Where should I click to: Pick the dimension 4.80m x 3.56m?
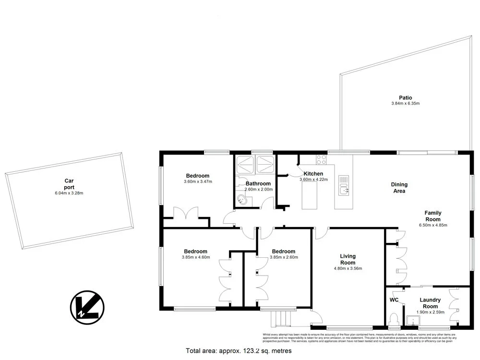[348, 269]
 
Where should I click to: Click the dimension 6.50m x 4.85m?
[432, 225]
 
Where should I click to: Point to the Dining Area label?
[399, 188]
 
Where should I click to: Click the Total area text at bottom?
[239, 351]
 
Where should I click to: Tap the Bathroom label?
[258, 183]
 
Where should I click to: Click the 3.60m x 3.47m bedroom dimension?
[198, 182]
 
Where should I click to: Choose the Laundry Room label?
[430, 303]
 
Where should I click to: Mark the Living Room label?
[348, 259]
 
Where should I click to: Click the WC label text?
[394, 300]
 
